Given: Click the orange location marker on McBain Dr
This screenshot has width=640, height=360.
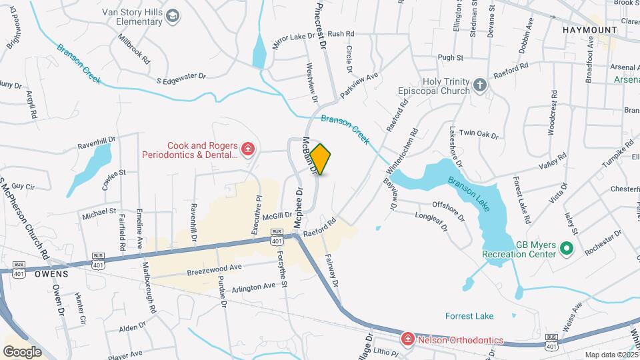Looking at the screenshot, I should tap(321, 159).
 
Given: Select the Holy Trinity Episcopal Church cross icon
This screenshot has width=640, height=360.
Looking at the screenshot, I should tap(480, 85).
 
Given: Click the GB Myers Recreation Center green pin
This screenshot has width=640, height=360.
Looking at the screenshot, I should tap(567, 249).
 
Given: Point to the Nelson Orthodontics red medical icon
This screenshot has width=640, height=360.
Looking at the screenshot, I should tap(407, 339).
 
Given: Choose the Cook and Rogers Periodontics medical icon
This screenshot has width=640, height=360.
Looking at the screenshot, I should tap(248, 148).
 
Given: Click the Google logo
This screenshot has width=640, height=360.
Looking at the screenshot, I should tap(22, 351).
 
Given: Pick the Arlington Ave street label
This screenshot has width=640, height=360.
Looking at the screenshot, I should tap(253, 287).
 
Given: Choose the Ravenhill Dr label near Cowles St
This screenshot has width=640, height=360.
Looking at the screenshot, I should tap(97, 142).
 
